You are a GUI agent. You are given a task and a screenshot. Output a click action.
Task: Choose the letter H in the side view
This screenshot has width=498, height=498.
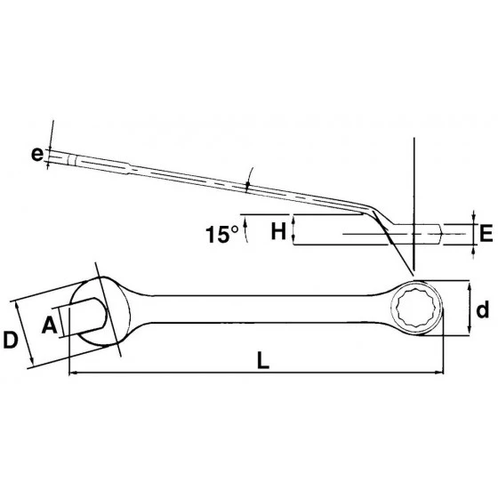tap(278, 232)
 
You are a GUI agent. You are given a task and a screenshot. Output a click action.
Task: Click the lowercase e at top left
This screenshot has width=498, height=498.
tap(36, 155)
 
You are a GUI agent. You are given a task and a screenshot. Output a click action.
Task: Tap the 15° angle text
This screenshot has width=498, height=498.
tap(222, 235)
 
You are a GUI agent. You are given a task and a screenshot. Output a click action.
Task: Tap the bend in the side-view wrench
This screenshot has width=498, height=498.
tap(373, 213)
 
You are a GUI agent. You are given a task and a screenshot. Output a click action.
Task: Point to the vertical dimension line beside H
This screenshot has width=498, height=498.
tap(293, 231)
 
